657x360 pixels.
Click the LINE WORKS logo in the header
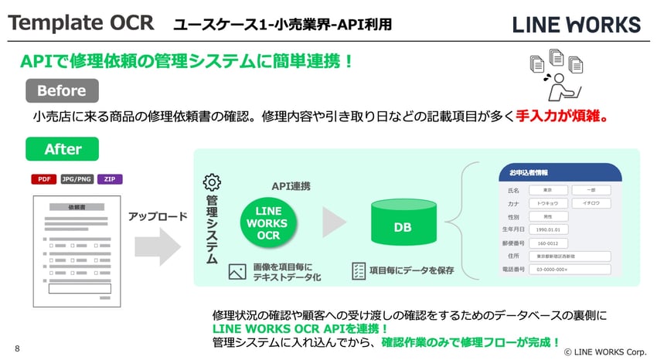coord(577,25)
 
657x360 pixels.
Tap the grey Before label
coord(62,90)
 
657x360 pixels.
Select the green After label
coord(63,148)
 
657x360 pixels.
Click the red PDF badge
coord(43,179)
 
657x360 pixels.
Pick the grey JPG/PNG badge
coord(77,179)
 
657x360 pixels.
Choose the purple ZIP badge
coord(110,179)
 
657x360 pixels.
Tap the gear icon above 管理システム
coord(211,182)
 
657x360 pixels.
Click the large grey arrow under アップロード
coord(157,245)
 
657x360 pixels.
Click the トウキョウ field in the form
coord(546,202)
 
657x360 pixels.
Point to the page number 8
coord(17,348)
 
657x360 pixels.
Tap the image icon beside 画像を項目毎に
coord(237,271)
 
